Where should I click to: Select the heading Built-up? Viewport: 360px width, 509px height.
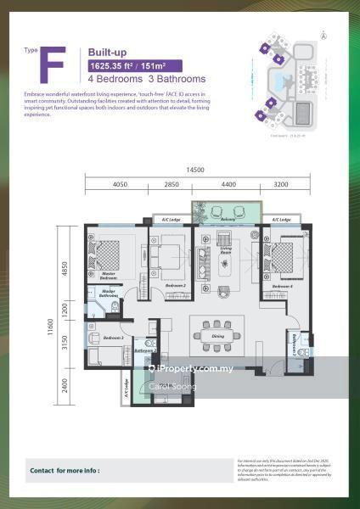tap(107, 53)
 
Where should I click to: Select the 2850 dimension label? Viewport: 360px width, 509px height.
tap(172, 183)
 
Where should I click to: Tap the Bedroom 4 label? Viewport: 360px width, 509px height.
tap(283, 287)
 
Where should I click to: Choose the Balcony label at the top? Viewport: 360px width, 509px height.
tap(228, 218)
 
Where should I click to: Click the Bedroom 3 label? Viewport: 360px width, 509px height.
tap(114, 338)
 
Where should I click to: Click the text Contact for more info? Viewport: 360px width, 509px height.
tap(65, 469)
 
